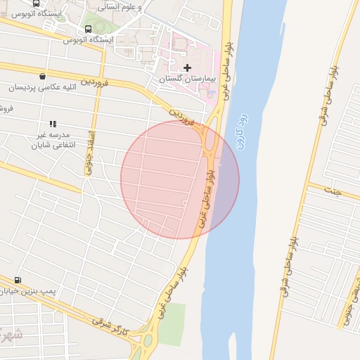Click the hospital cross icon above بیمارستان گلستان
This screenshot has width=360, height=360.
click(188, 67)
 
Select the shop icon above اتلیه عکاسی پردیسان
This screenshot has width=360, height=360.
click(43, 77)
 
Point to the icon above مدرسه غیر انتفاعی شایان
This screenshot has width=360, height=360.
click(53, 124)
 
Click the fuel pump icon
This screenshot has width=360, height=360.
click(18, 280)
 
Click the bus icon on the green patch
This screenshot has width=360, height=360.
click(88, 29)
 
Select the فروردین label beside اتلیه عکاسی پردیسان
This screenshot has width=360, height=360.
click(96, 84)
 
